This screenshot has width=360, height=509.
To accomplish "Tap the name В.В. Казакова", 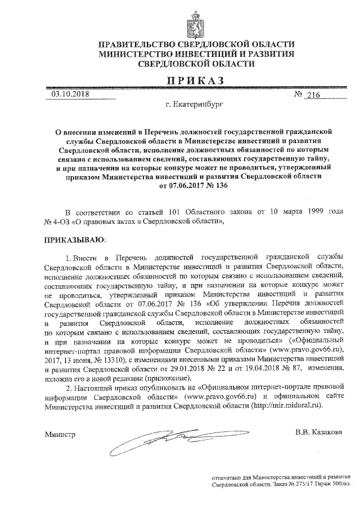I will (x=318, y=432).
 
